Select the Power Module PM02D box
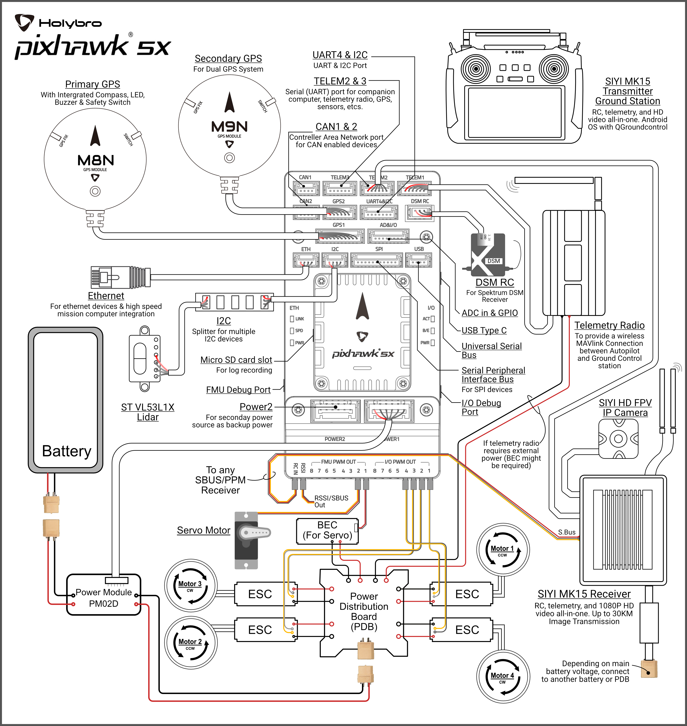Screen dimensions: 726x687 tap(104, 597)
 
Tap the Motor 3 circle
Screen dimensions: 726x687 tap(190, 586)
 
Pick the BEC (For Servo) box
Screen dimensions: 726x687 tap(327, 531)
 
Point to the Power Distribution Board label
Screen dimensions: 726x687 tap(364, 611)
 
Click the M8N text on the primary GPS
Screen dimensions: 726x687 tap(96, 160)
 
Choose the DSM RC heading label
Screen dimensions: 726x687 tap(494, 282)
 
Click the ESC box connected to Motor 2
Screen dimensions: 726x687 tap(260, 630)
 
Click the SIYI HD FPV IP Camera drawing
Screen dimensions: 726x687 tap(618, 439)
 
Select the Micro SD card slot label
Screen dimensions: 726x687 tap(236, 360)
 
